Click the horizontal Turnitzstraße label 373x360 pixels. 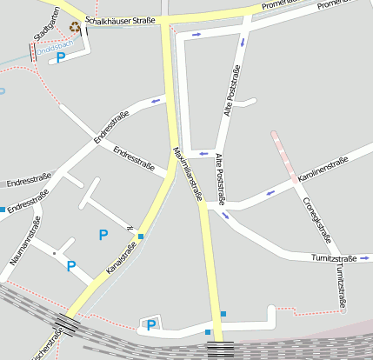click(x=334, y=258)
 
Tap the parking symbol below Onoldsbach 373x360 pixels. click(x=60, y=57)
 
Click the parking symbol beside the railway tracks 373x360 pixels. click(x=151, y=325)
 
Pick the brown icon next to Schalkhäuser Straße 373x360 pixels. click(x=75, y=27)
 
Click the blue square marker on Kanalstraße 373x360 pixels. click(x=141, y=236)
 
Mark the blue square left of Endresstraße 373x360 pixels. click(x=3, y=210)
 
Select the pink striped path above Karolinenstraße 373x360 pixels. click(x=287, y=151)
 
